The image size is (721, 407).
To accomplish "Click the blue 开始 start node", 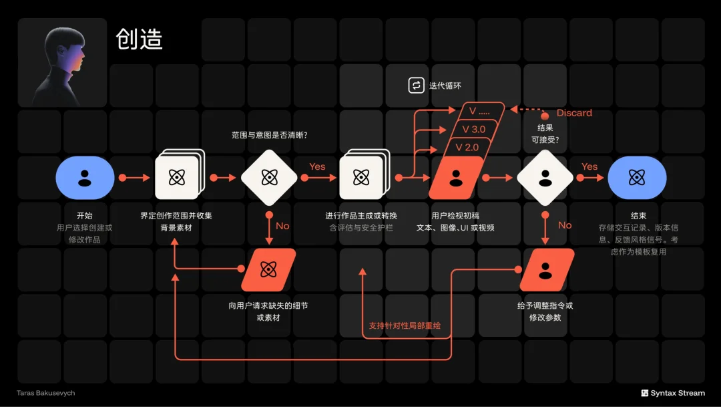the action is point(85,178).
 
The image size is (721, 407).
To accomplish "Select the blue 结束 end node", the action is point(637,178).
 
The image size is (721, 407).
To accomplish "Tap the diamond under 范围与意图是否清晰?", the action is point(269,178).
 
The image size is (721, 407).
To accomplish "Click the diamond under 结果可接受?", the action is point(545,178).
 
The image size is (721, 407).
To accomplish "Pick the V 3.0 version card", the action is point(473,130).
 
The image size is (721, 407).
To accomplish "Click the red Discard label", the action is point(574,113).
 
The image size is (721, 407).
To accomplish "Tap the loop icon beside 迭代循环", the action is point(416,85).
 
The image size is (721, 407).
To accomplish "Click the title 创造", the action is point(140,39).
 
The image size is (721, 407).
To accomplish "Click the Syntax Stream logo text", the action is point(678,393).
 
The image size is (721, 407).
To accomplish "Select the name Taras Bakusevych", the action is point(45,393).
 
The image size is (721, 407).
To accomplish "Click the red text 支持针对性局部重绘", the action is point(405,325).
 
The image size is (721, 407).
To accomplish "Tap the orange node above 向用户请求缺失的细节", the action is point(268,270).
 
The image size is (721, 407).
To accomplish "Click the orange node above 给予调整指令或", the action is point(547,270).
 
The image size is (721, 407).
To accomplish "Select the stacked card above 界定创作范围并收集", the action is point(180,175).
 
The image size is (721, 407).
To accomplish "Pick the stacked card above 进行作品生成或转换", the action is point(365,175).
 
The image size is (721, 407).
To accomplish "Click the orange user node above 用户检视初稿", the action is point(456,178).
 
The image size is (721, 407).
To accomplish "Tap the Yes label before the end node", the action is point(589,166).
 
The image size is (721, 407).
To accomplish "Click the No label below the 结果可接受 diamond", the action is point(565,225).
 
